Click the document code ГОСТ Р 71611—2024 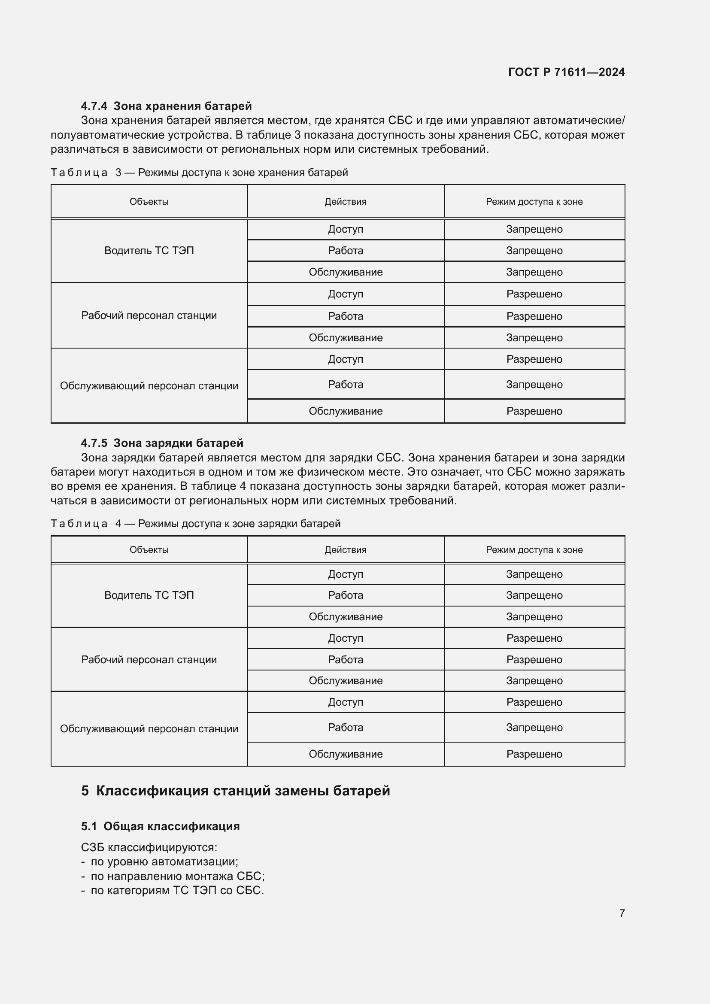click(x=566, y=72)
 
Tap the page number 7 click(x=622, y=913)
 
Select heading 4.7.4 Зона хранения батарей click(x=166, y=106)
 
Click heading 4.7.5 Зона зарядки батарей click(x=162, y=443)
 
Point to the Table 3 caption click(x=199, y=172)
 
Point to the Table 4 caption click(x=195, y=523)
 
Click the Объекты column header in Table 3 click(x=149, y=202)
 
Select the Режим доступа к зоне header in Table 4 click(x=534, y=550)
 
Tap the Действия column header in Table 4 click(x=346, y=550)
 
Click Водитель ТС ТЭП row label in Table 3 click(x=149, y=251)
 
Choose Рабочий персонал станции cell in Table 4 click(x=149, y=659)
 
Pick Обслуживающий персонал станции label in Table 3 click(x=149, y=386)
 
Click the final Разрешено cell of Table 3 click(x=534, y=411)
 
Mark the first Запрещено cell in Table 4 click(x=534, y=574)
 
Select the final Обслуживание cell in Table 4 click(x=346, y=754)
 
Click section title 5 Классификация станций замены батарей click(x=236, y=791)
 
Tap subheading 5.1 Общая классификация click(x=161, y=826)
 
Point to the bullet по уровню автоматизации click(x=164, y=861)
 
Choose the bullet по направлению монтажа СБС click(x=177, y=876)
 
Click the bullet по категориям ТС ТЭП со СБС click(x=177, y=890)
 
